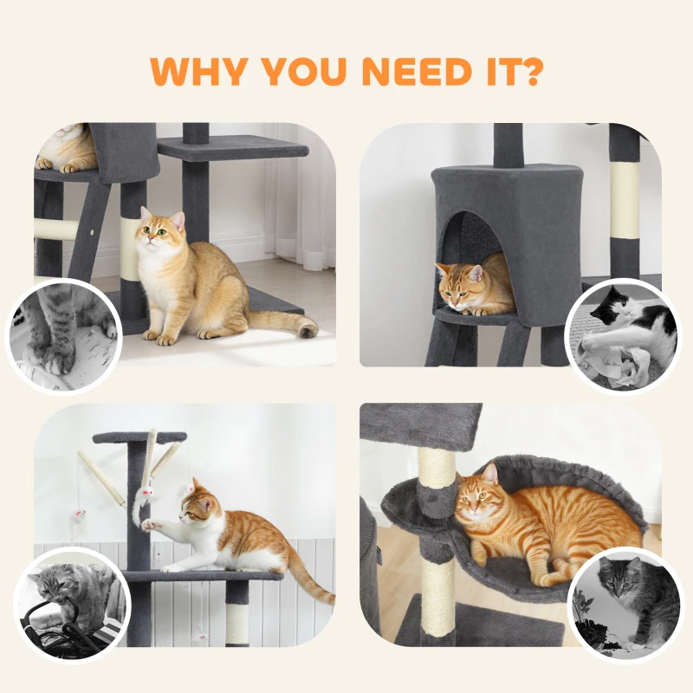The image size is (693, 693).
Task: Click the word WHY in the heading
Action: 204,73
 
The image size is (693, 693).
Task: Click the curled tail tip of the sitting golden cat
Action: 307,327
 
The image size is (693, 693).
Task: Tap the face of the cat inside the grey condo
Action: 457,283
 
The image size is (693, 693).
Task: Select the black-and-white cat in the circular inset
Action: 624,334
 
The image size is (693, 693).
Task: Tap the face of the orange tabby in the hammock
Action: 479,506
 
